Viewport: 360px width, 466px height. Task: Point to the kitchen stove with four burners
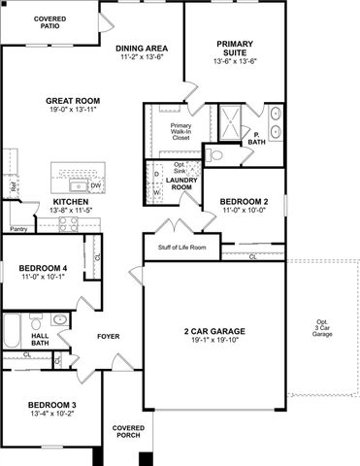(69, 223)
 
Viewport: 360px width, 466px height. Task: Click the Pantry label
(18, 229)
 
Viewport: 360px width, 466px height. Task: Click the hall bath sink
(60, 319)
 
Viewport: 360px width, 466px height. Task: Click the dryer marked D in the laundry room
(157, 174)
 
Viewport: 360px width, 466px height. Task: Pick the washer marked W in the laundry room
(157, 191)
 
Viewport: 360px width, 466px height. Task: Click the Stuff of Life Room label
(182, 248)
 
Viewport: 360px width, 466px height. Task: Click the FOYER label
(107, 337)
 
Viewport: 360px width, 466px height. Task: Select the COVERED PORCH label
(128, 431)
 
